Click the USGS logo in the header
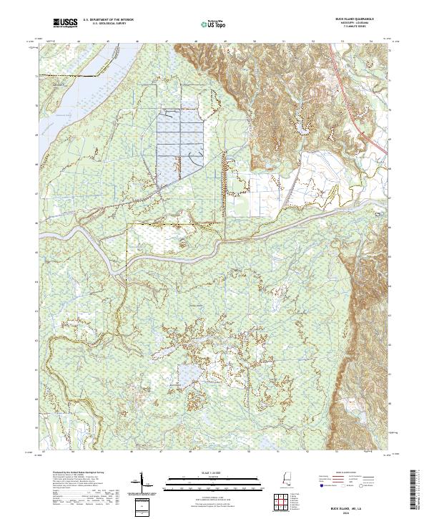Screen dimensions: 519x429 (65, 24)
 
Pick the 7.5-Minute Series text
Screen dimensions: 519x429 (361, 27)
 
